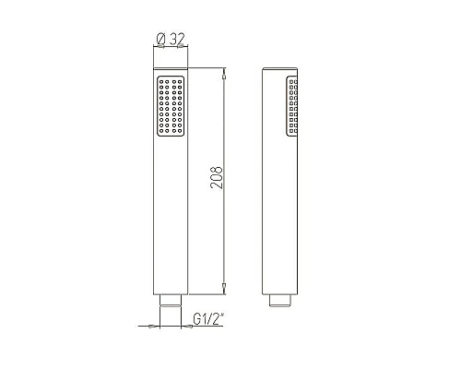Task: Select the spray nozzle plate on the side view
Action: tap(293, 109)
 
